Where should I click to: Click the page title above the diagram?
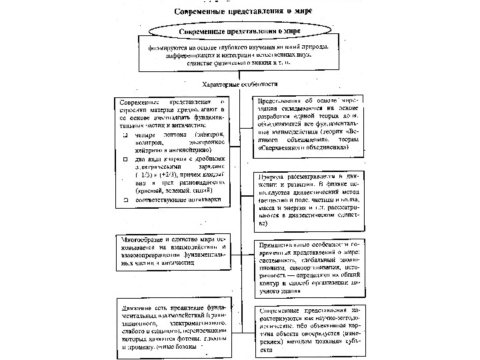[x=241, y=11]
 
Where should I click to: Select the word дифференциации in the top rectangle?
[x=190, y=55]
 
